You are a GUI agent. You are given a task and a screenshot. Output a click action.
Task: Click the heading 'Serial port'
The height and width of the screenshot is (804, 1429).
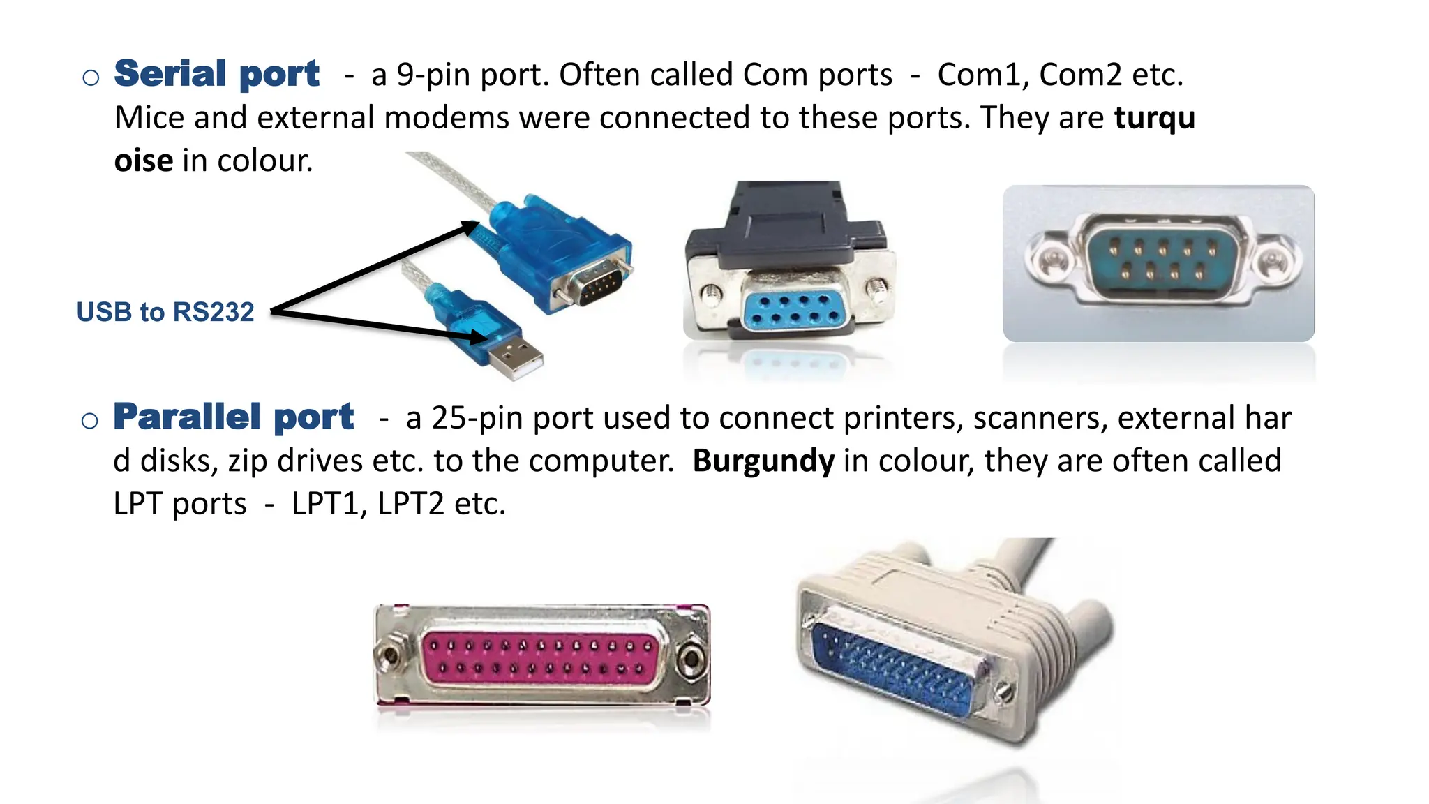[x=216, y=74]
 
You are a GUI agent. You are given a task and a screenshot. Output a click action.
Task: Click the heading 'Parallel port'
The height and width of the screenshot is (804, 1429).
[x=234, y=417]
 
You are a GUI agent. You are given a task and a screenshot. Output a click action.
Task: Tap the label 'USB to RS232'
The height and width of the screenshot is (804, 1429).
[x=165, y=312]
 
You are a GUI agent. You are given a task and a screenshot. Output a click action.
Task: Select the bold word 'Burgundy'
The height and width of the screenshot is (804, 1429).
[x=763, y=461]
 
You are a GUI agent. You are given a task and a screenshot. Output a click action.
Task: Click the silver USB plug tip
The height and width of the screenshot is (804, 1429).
[x=517, y=360]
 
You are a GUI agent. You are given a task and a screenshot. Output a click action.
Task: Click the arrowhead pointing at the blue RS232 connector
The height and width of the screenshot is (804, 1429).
[x=469, y=227]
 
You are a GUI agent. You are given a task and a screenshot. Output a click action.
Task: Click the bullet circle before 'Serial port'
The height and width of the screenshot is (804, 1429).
[x=91, y=77]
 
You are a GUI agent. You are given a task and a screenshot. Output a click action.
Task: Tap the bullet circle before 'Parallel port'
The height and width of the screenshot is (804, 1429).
[x=90, y=421]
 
